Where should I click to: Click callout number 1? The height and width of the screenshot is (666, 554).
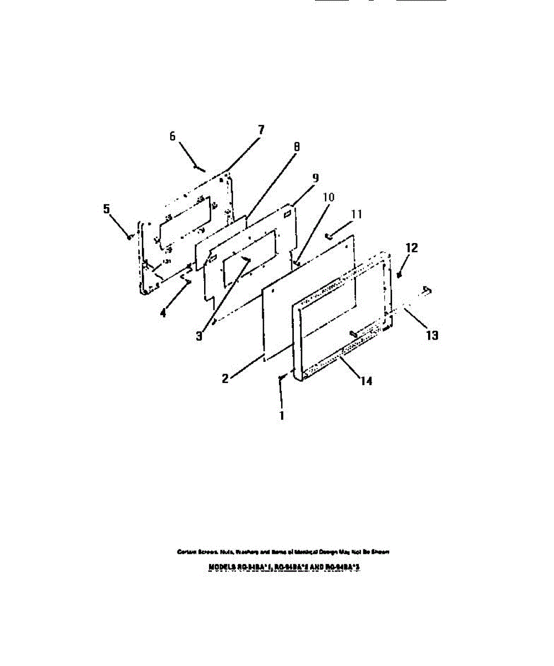[282, 415]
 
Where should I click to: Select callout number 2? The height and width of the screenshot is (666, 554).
[226, 379]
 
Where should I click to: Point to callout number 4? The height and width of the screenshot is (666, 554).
[163, 312]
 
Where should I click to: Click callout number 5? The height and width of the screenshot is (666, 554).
[106, 209]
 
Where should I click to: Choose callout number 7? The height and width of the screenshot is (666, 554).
[260, 130]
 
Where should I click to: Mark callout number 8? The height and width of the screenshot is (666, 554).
[297, 147]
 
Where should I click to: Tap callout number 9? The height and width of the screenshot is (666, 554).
[315, 178]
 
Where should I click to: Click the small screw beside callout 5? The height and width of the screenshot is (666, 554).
[129, 236]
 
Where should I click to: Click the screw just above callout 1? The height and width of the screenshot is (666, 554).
[282, 377]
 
